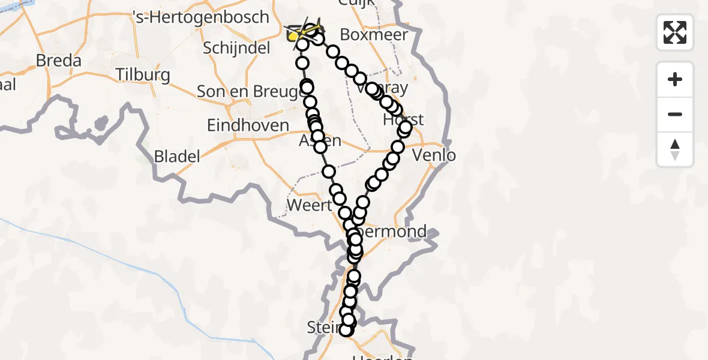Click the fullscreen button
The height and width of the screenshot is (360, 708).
coord(675,32)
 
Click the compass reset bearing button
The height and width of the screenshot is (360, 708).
coord(675,149)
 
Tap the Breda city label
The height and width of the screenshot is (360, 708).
coord(58,61)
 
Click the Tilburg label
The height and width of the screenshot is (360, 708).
coord(142,76)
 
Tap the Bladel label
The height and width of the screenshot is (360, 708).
coord(176,157)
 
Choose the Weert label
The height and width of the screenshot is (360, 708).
coord(309,205)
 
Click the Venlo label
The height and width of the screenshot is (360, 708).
coord(435,155)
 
